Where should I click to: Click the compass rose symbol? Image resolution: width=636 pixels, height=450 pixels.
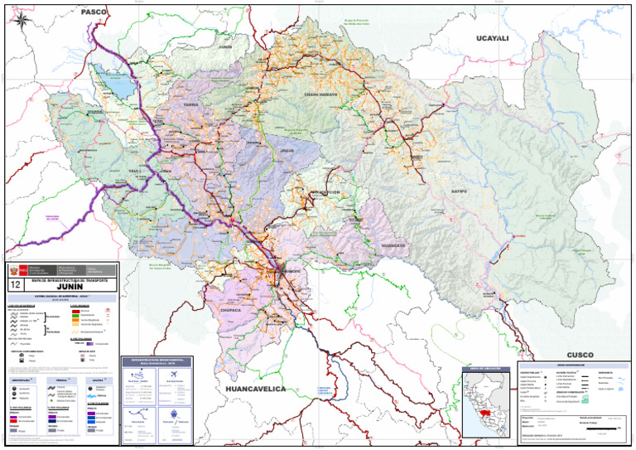26,22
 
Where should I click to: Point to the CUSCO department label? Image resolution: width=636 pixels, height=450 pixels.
580,355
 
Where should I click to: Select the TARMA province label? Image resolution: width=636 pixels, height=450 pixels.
190,105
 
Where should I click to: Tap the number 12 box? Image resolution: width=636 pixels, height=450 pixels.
13,285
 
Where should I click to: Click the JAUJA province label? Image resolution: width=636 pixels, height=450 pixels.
287,151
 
